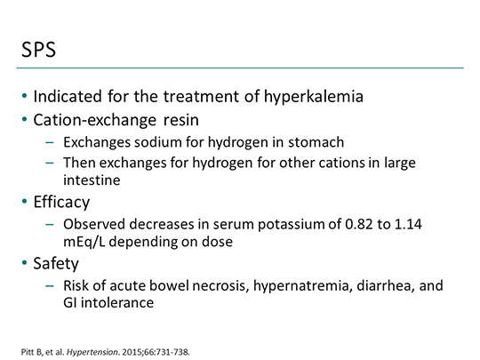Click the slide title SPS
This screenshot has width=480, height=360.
(x=41, y=51)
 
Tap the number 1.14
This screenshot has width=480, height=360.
(x=431, y=224)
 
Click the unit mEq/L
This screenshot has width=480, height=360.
(x=84, y=239)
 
